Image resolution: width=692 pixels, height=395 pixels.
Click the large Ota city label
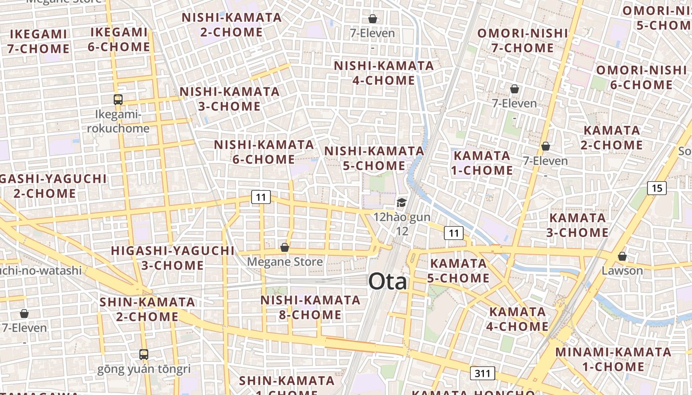(x=388, y=282)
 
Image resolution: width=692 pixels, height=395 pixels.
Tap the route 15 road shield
(x=656, y=188)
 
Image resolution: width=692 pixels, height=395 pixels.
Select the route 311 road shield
(x=482, y=373)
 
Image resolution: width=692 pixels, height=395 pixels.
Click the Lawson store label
(x=622, y=271)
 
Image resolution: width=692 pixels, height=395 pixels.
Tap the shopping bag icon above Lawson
(x=622, y=256)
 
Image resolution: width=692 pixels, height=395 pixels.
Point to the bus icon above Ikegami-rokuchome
(x=118, y=100)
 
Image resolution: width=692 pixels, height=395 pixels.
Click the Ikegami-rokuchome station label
(x=118, y=121)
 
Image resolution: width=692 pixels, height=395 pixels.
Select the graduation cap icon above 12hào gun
(x=401, y=202)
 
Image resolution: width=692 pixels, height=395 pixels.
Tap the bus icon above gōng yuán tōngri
(x=144, y=354)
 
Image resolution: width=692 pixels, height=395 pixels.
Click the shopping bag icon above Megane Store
(x=285, y=247)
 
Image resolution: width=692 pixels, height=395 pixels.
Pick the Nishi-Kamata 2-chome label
(x=232, y=25)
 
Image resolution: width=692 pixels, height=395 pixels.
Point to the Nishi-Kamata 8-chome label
(x=310, y=307)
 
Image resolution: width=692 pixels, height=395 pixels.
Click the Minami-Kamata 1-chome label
(x=613, y=359)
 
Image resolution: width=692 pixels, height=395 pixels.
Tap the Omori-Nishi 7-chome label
(x=522, y=40)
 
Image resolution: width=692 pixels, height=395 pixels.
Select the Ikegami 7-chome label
(x=38, y=41)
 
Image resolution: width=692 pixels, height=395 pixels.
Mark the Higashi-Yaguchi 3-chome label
(x=173, y=258)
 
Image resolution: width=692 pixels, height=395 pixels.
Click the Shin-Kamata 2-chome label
(x=147, y=309)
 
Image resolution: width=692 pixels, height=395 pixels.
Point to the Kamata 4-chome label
(x=518, y=319)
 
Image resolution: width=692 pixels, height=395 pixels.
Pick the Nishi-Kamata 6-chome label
(x=264, y=152)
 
